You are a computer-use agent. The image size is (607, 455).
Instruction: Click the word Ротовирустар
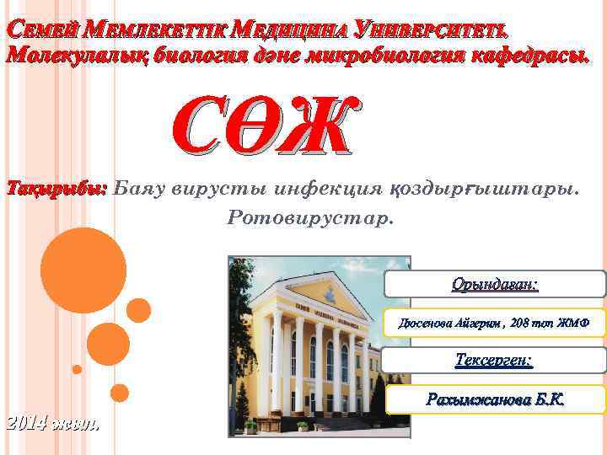click(310, 217)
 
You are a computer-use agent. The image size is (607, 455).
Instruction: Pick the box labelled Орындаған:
click(495, 284)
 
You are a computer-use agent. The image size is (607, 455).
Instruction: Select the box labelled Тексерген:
click(494, 361)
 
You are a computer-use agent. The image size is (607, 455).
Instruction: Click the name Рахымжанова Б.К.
click(495, 399)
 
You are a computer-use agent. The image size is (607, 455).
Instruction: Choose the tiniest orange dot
click(77, 369)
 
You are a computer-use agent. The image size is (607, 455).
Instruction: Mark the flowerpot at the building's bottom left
click(250, 427)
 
